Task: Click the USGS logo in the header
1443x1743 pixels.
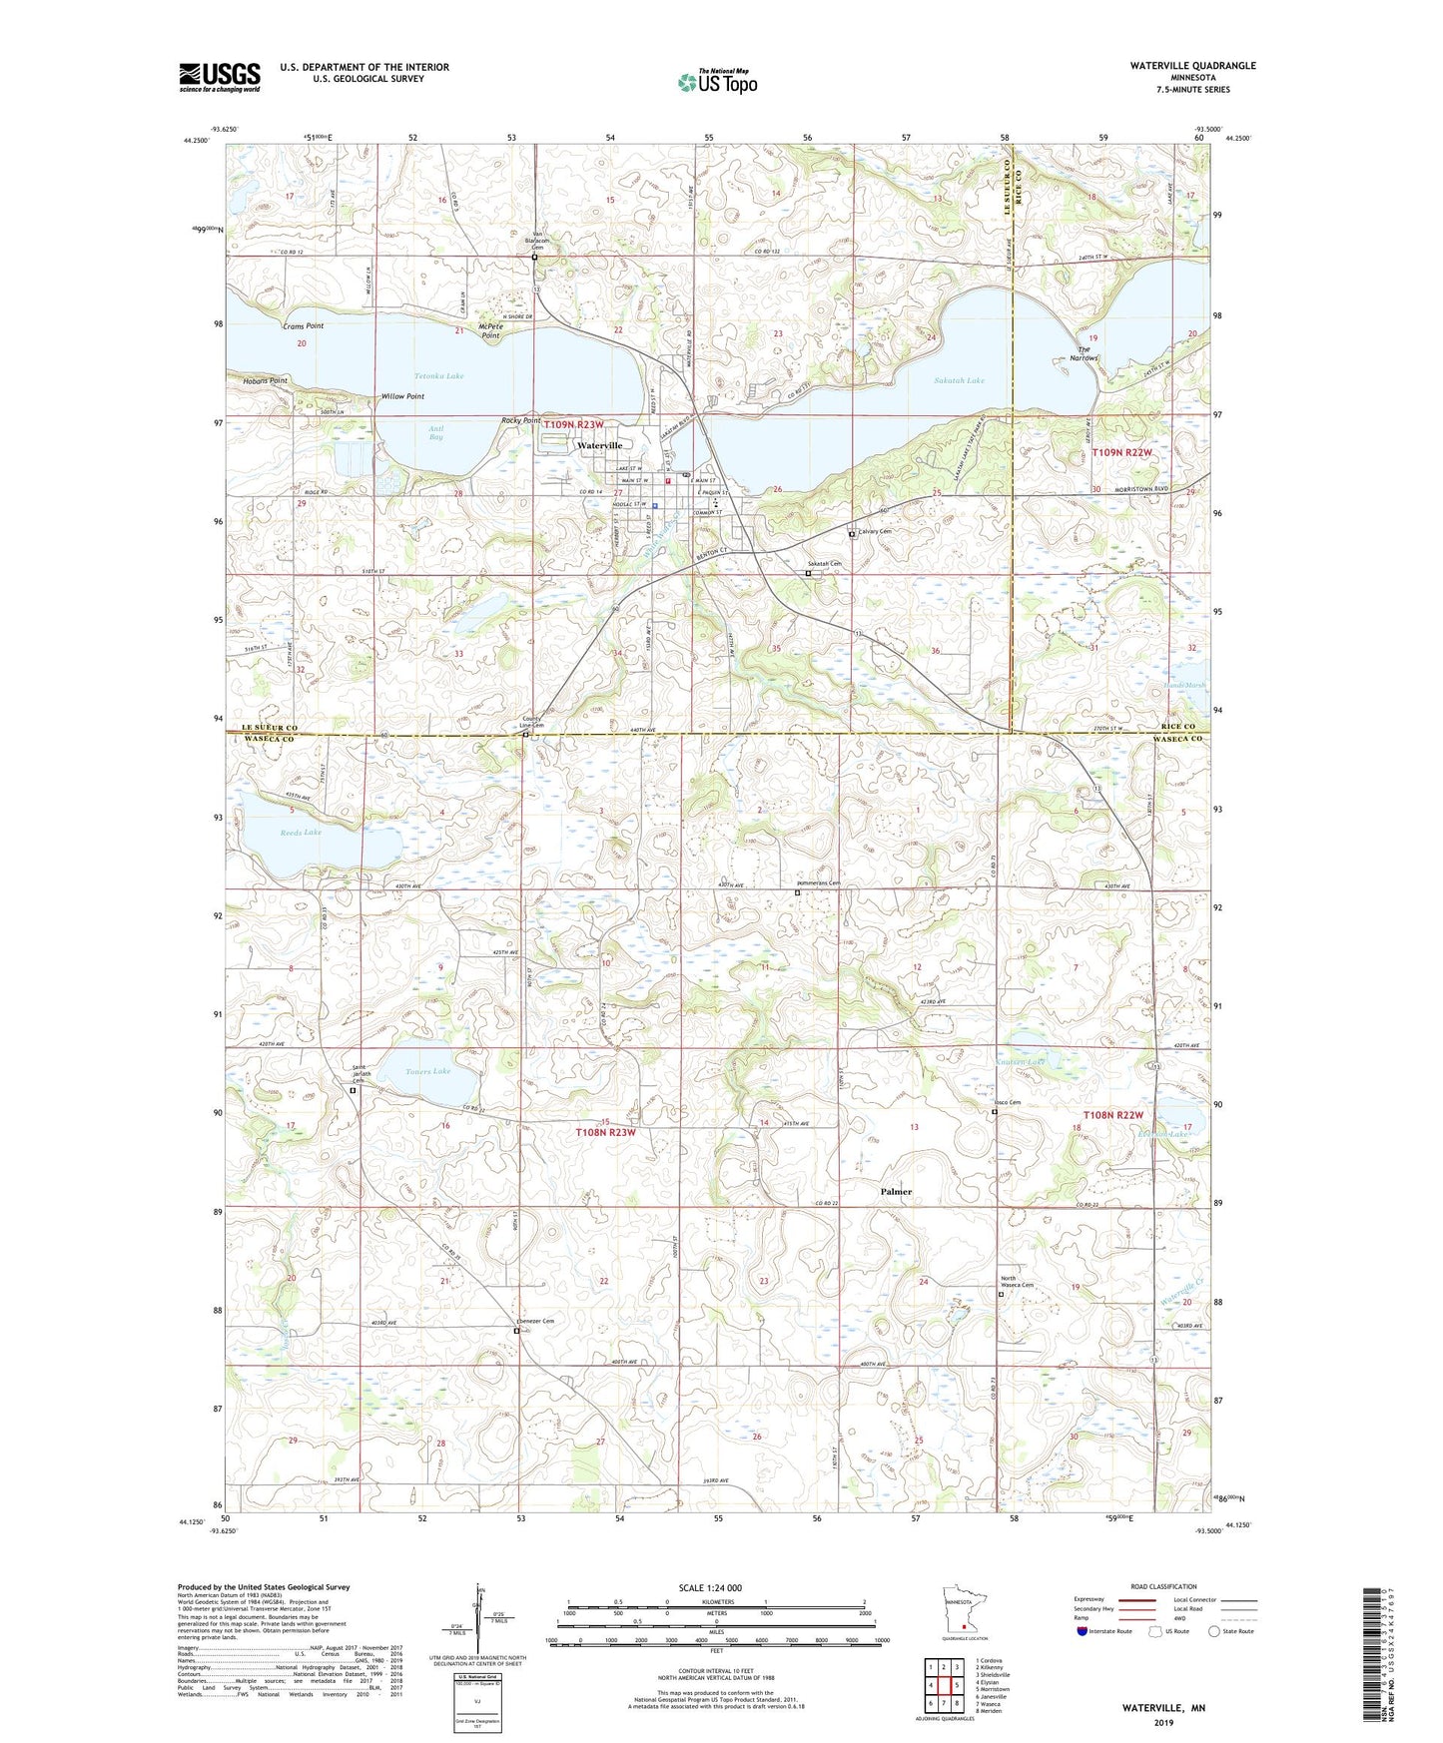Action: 220,77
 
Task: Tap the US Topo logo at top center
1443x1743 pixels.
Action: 716,82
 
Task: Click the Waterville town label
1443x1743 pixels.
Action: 598,445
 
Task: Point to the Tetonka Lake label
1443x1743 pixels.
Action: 439,376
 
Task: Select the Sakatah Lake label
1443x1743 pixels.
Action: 960,380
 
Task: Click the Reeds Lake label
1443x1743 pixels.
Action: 301,832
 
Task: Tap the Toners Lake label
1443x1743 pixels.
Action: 428,1071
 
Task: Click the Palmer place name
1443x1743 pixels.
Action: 896,1192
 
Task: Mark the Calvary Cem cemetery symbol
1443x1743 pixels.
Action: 852,535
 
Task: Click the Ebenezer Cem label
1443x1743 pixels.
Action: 534,1321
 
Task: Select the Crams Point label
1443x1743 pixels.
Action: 303,326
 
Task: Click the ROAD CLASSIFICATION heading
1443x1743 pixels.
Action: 1162,1586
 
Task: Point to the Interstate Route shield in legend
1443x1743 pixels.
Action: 1083,1631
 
